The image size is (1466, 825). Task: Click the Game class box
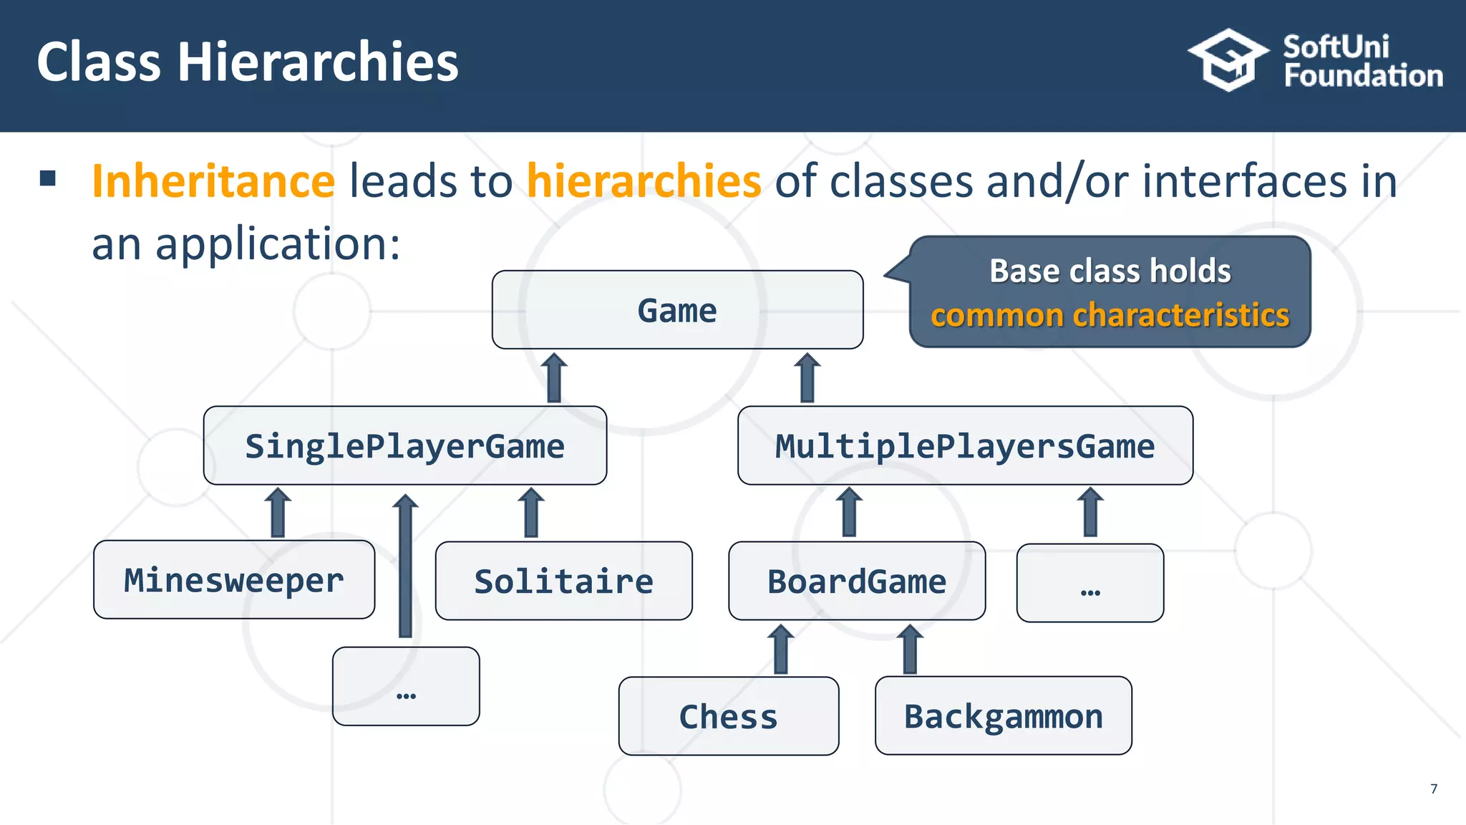[677, 310]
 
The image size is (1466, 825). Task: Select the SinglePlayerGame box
[405, 445]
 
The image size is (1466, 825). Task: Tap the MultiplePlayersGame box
[965, 445]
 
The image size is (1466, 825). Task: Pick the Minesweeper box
[234, 579]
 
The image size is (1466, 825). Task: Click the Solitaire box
[563, 581]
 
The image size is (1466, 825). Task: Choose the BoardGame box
[857, 581]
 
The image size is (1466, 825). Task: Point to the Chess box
[728, 715]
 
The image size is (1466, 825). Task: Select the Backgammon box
[1003, 715]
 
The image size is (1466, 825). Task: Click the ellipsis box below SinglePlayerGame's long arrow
[406, 686]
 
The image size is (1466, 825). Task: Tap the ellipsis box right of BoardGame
[1089, 583]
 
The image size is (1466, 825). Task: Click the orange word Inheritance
[213, 180]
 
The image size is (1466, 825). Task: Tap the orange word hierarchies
[644, 180]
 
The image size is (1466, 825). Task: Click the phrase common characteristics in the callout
[1110, 315]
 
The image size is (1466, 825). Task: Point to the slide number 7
[1433, 788]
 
